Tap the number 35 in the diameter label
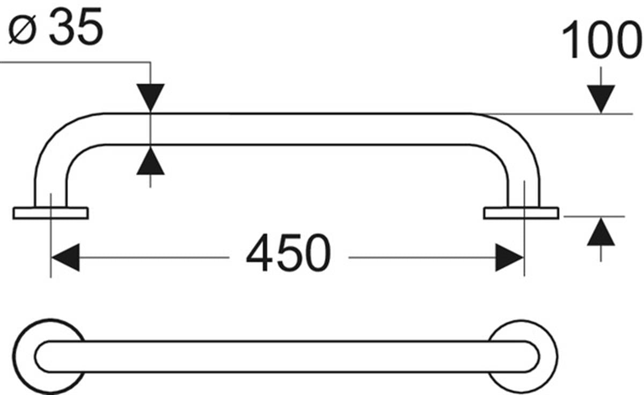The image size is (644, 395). click(x=75, y=27)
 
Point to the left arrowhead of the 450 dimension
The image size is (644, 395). click(x=65, y=258)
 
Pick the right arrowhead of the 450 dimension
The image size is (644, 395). click(x=509, y=258)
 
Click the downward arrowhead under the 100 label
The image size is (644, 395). click(x=601, y=99)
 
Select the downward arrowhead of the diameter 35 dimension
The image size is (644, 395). click(x=150, y=98)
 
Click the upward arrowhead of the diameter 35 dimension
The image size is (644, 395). click(x=150, y=162)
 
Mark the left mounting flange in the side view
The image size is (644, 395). click(x=50, y=213)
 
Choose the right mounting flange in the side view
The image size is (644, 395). click(x=521, y=213)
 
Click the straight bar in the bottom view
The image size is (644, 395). click(x=287, y=356)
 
